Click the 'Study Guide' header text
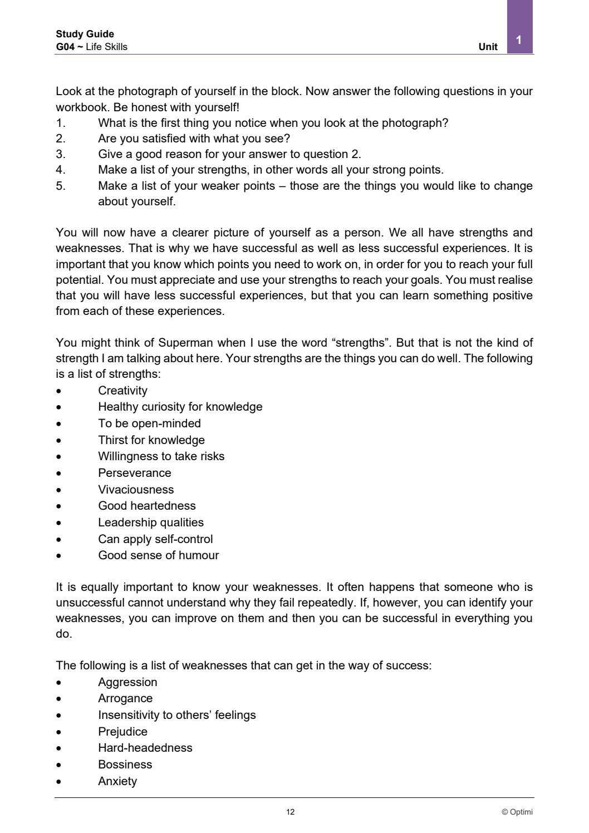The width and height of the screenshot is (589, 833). [85, 34]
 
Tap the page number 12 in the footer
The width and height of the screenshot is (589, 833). [291, 812]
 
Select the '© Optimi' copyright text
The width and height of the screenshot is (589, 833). [517, 812]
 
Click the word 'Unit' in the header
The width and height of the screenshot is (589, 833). [488, 47]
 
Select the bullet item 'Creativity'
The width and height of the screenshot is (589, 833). [122, 391]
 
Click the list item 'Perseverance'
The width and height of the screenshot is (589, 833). [135, 473]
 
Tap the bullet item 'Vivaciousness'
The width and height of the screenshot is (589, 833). [136, 490]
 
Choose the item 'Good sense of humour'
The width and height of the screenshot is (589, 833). [158, 555]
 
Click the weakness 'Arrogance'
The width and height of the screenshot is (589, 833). [125, 698]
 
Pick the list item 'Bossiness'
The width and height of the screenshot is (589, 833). [125, 765]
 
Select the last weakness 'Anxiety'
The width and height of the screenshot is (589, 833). [117, 781]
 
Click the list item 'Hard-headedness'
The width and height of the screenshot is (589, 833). [145, 748]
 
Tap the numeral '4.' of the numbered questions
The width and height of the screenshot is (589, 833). [61, 170]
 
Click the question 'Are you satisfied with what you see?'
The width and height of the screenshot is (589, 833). [194, 138]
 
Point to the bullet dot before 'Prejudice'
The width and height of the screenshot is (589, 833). [58, 732]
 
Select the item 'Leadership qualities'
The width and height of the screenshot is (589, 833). [151, 523]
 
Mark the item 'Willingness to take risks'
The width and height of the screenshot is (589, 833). [161, 456]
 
